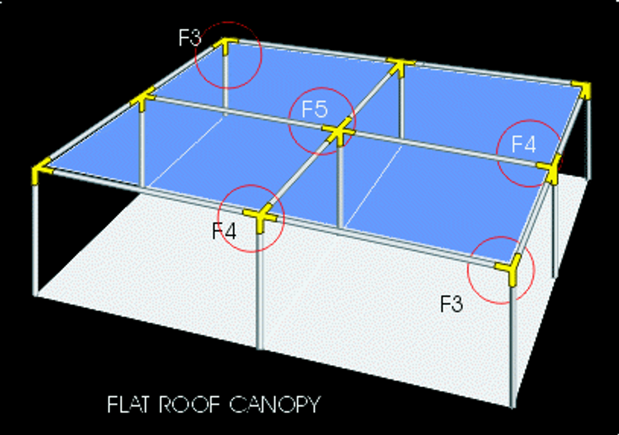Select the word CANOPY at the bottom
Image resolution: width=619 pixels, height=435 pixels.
(274, 404)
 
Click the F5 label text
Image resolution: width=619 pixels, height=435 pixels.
(315, 109)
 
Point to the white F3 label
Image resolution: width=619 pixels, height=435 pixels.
(189, 38)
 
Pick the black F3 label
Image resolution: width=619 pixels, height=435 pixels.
(452, 304)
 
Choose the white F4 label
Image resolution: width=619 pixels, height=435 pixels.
(524, 144)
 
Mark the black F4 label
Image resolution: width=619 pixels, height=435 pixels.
(224, 231)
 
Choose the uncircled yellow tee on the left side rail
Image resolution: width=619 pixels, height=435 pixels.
(143, 98)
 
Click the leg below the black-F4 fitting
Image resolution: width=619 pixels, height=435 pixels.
(260, 290)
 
